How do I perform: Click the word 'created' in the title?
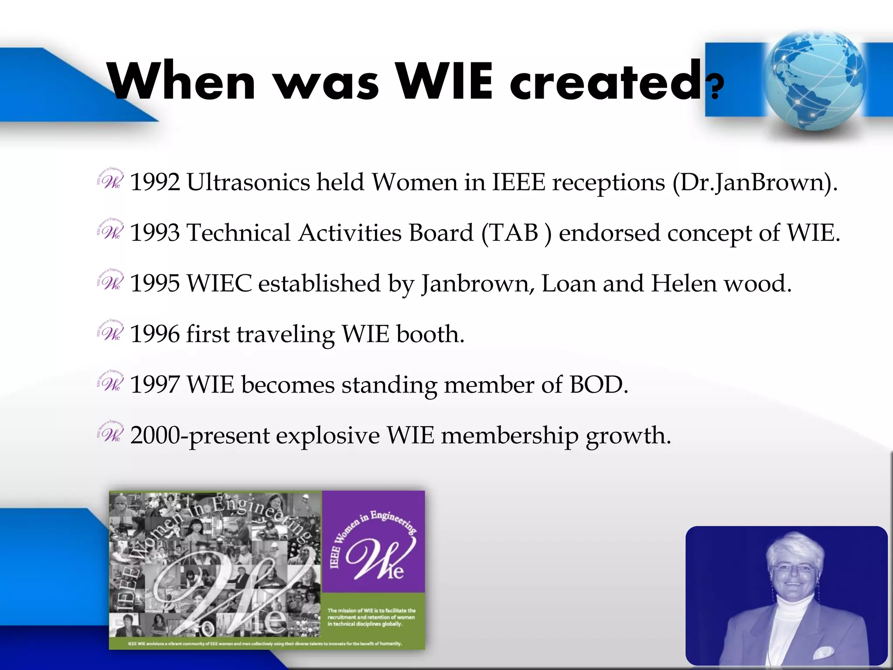click(x=606, y=81)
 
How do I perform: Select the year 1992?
click(x=155, y=182)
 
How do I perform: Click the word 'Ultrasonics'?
click(x=248, y=182)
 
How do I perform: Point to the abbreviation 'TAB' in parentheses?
click(x=515, y=232)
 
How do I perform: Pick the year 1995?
click(x=155, y=284)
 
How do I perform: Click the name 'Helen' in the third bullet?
click(x=684, y=284)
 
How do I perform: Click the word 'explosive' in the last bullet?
click(x=327, y=436)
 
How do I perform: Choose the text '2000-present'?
click(x=200, y=436)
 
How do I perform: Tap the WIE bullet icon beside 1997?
click(x=110, y=382)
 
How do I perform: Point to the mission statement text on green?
click(x=372, y=617)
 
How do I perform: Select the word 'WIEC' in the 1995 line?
click(x=219, y=284)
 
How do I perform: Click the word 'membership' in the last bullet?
click(x=509, y=436)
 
